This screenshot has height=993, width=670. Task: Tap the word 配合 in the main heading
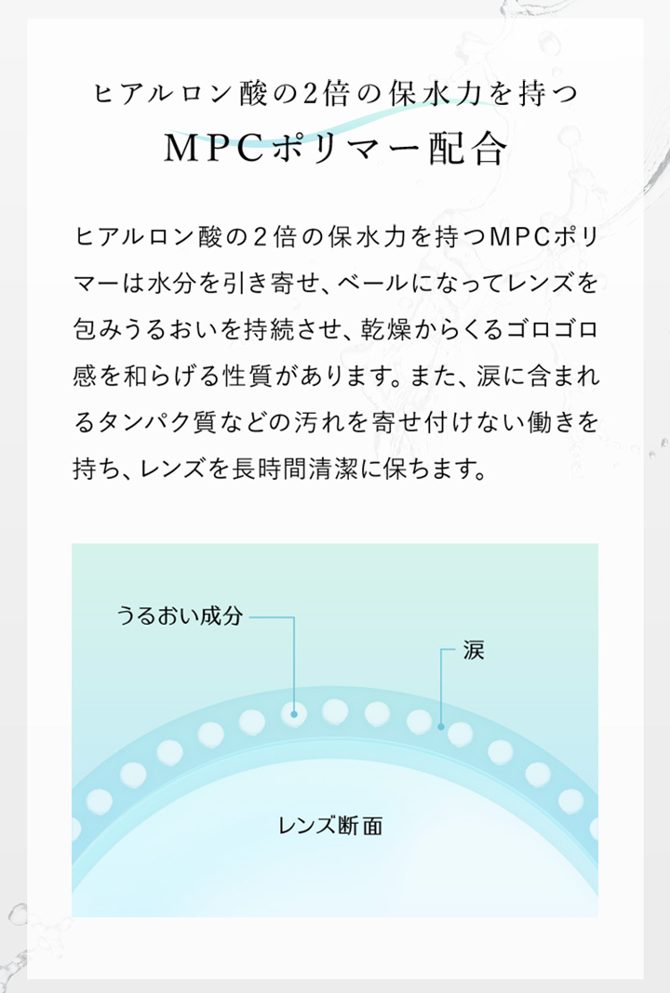click(469, 149)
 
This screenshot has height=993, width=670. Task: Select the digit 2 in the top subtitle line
click(310, 94)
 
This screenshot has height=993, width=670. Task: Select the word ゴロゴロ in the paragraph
click(549, 329)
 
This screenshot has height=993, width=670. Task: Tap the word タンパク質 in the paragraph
click(157, 422)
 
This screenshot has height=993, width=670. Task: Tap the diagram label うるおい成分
click(180, 616)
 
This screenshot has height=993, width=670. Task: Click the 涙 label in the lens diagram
click(474, 651)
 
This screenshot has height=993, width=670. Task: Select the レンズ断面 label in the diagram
click(331, 826)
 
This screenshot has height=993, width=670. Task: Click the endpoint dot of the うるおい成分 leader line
click(294, 714)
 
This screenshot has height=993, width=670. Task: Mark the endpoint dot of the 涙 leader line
click(441, 726)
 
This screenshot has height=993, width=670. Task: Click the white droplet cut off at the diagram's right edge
click(594, 828)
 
